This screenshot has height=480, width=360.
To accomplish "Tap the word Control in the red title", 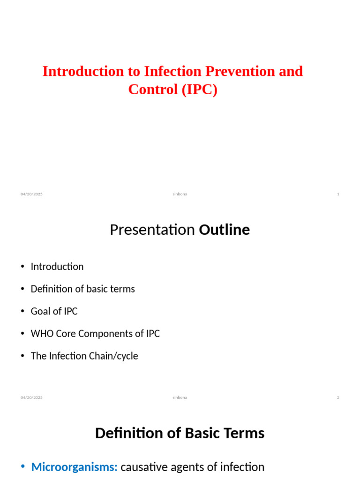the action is [153, 90].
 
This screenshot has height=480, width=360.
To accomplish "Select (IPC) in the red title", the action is [200, 90].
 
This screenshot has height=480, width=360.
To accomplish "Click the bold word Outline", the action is [225, 230].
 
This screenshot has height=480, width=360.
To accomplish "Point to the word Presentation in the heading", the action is [152, 230].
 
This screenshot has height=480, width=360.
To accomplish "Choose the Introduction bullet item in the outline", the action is [57, 267].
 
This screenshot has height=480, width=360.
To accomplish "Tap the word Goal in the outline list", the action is [41, 311].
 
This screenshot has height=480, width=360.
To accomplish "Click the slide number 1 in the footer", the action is [338, 194].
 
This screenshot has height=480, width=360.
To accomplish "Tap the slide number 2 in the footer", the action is [338, 397].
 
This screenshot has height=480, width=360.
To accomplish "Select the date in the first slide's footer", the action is [31, 194].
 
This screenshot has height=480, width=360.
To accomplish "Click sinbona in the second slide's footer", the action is [180, 397].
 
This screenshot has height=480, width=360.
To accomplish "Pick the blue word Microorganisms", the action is [75, 467].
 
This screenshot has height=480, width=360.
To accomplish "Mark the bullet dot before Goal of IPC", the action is [22, 311].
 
